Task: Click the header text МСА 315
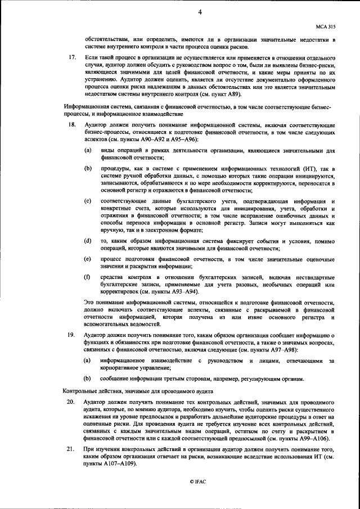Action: (x=326, y=26)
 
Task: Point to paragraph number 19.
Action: (x=72, y=335)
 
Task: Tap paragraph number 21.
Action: (x=71, y=450)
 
